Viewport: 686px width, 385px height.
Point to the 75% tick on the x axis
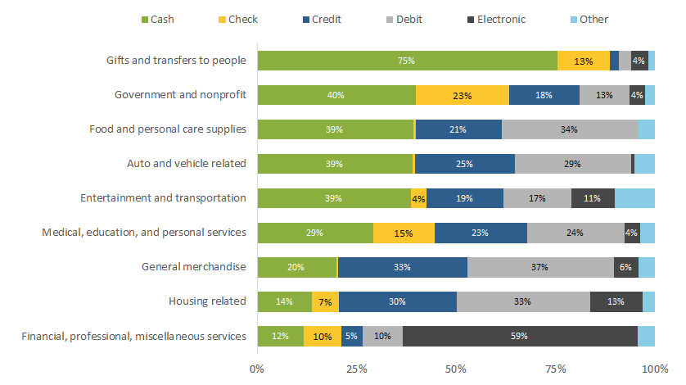[556, 369]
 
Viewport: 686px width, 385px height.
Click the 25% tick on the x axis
[356, 369]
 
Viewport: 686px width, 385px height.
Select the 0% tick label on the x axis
[257, 369]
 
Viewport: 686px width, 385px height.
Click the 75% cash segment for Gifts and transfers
[407, 61]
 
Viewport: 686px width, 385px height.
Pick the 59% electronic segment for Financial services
[519, 336]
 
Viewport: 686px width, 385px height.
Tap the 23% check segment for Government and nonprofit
[463, 95]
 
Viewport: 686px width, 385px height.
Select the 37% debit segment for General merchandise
[540, 267]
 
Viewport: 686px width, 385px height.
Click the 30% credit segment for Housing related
[397, 301]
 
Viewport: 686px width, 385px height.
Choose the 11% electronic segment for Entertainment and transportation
[593, 198]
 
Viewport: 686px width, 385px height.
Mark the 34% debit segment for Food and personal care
[570, 129]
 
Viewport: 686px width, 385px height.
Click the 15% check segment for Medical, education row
[404, 233]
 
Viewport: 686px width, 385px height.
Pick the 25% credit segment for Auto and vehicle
[465, 164]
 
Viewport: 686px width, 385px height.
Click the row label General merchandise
[194, 267]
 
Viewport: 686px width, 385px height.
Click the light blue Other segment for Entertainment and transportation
[634, 198]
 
